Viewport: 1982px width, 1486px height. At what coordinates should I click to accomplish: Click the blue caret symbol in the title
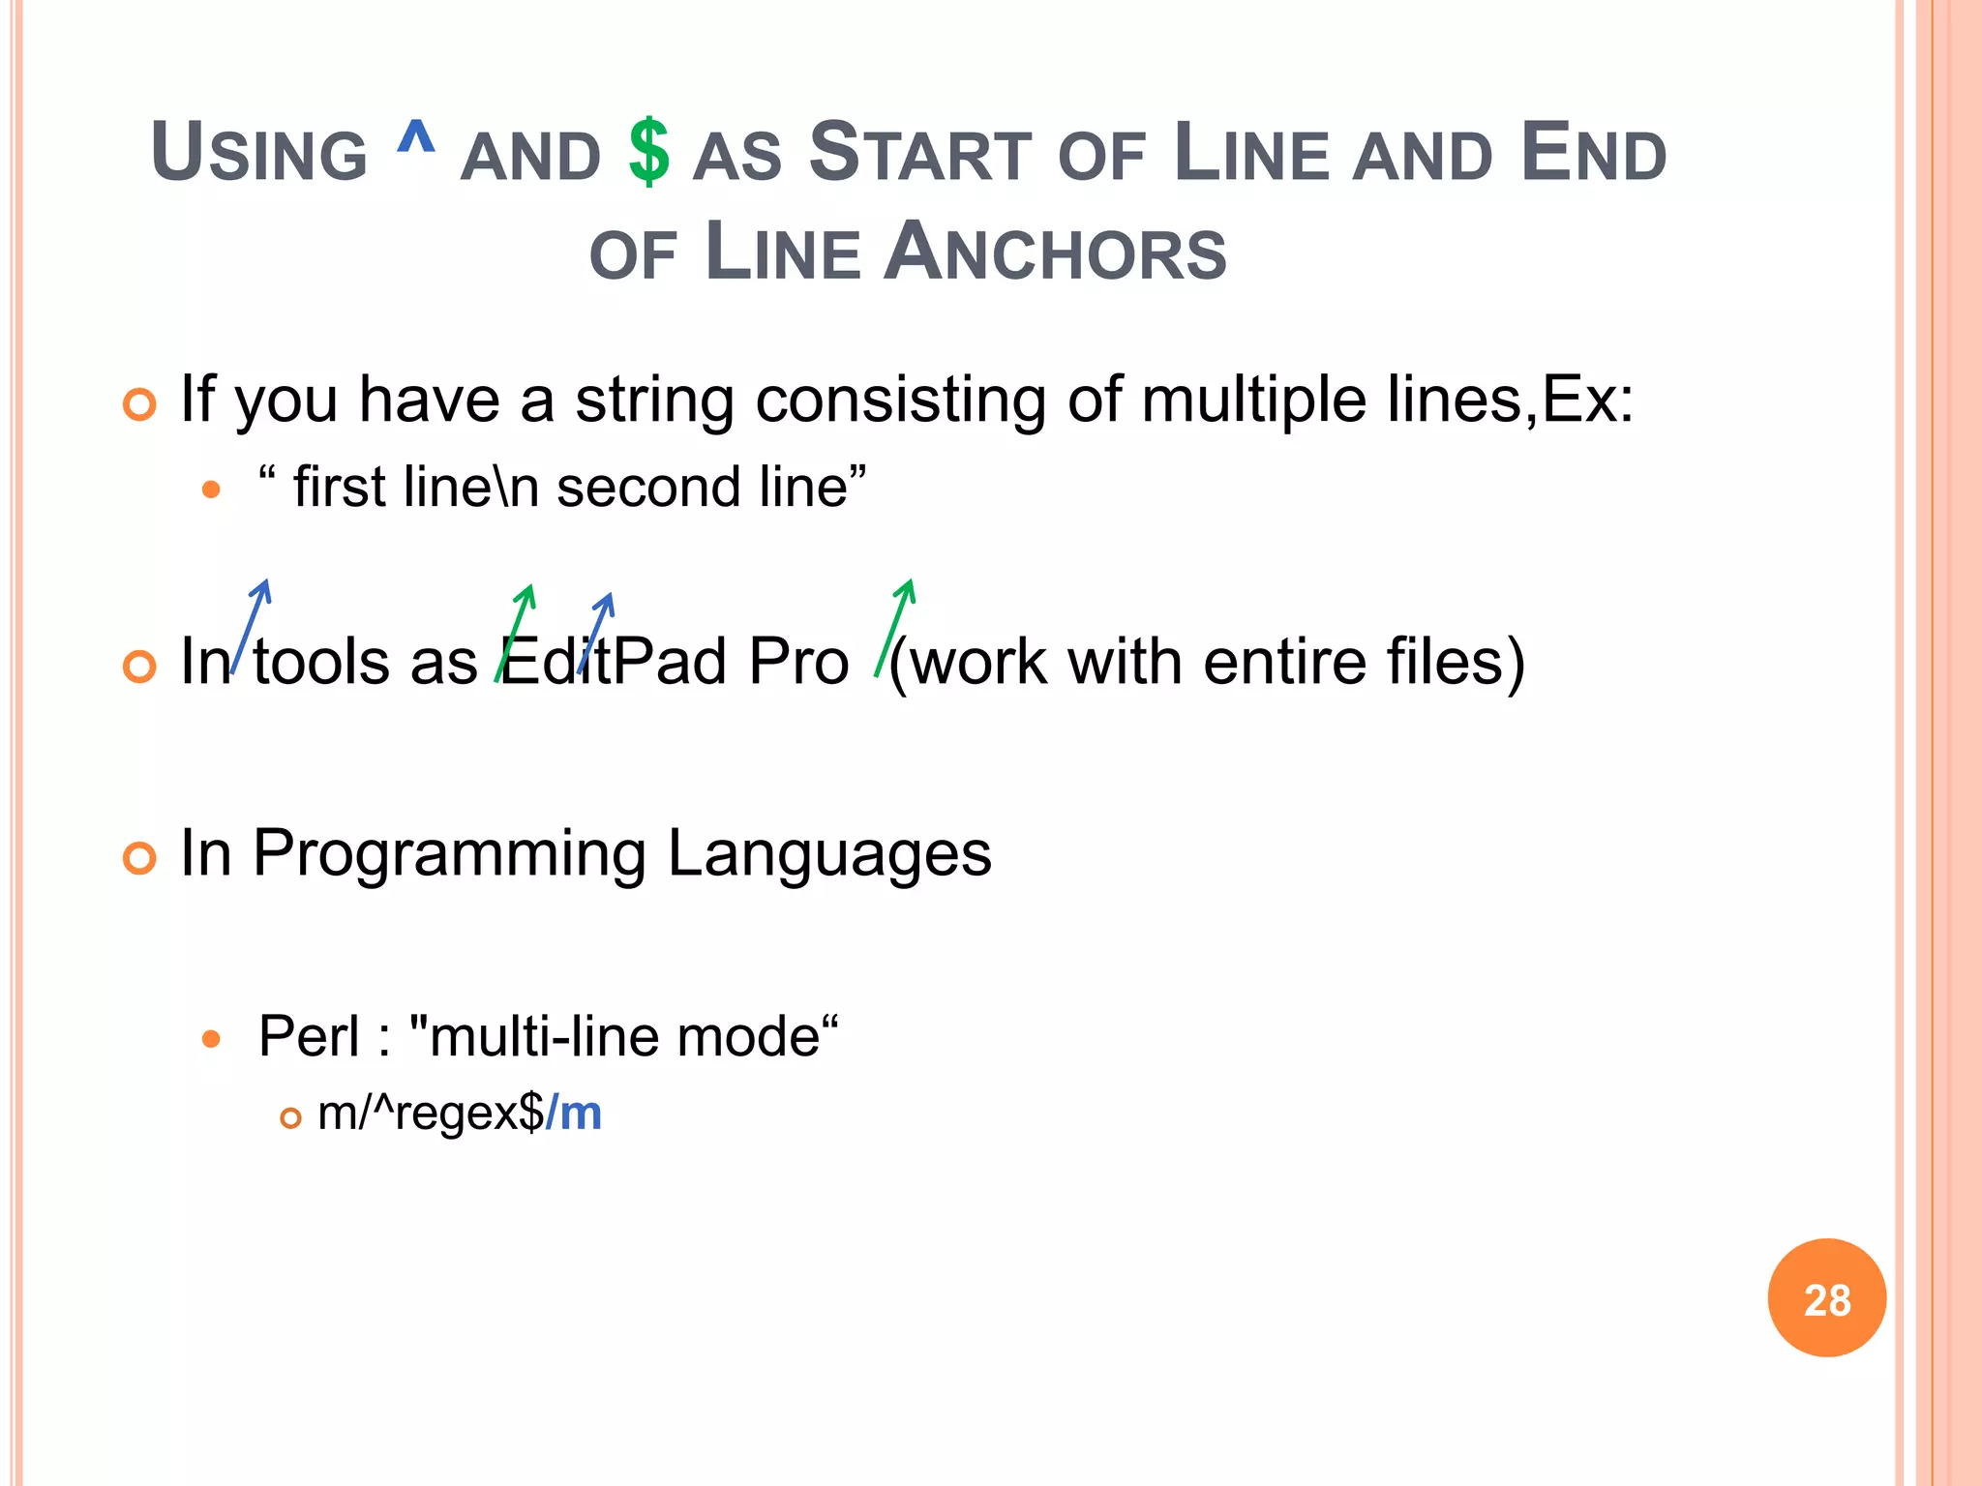416,138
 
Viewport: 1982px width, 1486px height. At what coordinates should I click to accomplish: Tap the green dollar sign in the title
648,152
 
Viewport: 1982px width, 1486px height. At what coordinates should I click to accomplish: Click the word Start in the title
920,153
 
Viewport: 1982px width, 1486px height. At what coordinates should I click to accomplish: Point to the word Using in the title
259,153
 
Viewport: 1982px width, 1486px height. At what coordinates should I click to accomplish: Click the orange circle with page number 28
1826,1297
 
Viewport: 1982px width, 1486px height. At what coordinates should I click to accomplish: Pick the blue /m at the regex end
574,1113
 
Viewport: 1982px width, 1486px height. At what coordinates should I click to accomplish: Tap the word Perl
309,1036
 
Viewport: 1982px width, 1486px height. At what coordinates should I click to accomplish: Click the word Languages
829,853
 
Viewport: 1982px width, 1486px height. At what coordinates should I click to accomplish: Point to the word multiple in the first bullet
1253,399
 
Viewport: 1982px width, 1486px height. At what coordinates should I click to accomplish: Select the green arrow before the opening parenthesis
894,627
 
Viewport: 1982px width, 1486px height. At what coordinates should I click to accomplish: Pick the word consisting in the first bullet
899,399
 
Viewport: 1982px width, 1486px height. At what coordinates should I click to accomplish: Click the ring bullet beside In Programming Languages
140,857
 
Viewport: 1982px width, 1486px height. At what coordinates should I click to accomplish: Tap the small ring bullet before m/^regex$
290,1118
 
